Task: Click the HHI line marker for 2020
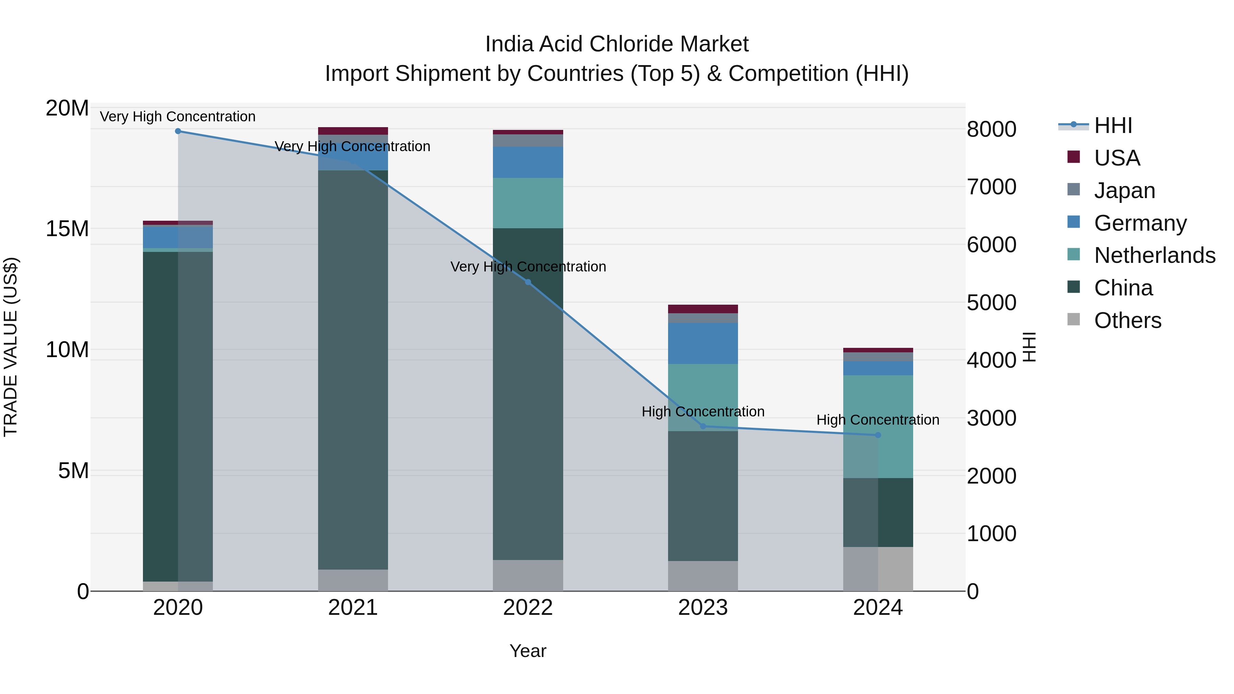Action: tap(178, 131)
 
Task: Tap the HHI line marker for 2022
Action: tap(528, 282)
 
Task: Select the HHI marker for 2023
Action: tap(703, 426)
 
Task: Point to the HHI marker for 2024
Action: tap(878, 435)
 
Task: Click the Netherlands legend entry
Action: tap(1154, 255)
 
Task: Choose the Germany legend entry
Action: tap(1140, 223)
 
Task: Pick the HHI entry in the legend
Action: tap(1113, 125)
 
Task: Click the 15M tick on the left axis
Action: tap(67, 229)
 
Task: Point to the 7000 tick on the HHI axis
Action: tap(991, 187)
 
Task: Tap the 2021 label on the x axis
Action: tap(353, 608)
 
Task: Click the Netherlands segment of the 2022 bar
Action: tap(528, 203)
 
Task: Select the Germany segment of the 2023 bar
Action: tap(703, 343)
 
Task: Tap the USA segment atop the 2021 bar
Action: tap(353, 131)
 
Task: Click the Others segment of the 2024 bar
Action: tap(878, 569)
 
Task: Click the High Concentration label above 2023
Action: tap(703, 411)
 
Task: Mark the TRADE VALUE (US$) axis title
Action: tap(11, 347)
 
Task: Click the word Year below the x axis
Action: tap(528, 651)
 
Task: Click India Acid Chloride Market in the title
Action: tap(617, 44)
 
